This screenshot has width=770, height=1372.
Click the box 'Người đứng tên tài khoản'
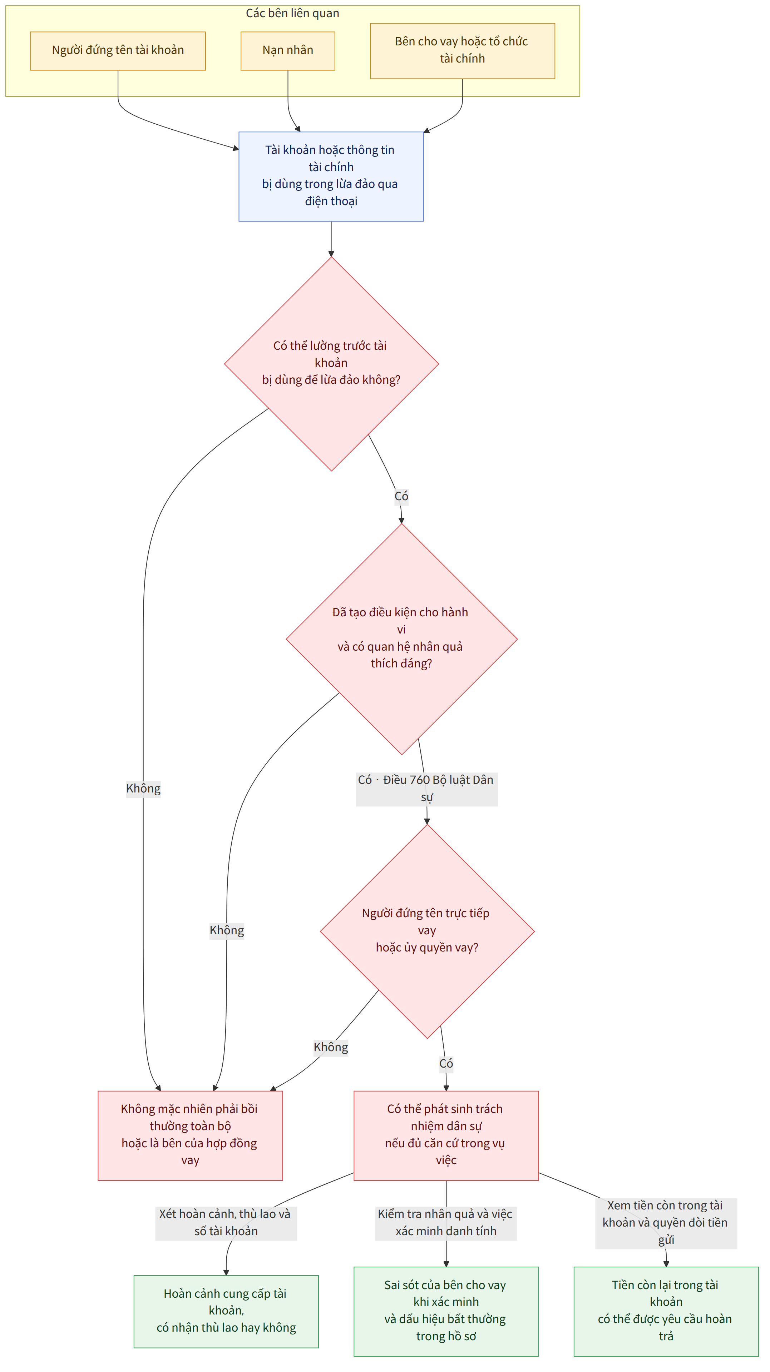pos(118,51)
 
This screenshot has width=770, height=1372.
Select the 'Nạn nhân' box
pos(288,51)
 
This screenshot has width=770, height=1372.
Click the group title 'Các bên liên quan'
pos(292,13)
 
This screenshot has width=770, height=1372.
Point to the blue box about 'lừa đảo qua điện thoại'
pos(331,176)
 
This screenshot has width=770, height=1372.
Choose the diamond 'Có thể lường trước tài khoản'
pos(331,364)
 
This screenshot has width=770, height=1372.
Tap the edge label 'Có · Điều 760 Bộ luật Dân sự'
pos(427,789)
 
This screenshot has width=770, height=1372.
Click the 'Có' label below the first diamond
pos(401,496)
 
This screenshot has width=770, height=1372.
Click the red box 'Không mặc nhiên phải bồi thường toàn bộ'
pos(190,1135)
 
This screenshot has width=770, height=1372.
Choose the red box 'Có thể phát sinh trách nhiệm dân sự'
pos(446,1135)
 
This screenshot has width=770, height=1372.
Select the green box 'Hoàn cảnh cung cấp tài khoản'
pos(226,1311)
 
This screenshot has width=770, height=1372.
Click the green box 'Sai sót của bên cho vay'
pos(446,1311)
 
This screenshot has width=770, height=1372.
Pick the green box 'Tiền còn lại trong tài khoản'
pos(666,1311)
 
